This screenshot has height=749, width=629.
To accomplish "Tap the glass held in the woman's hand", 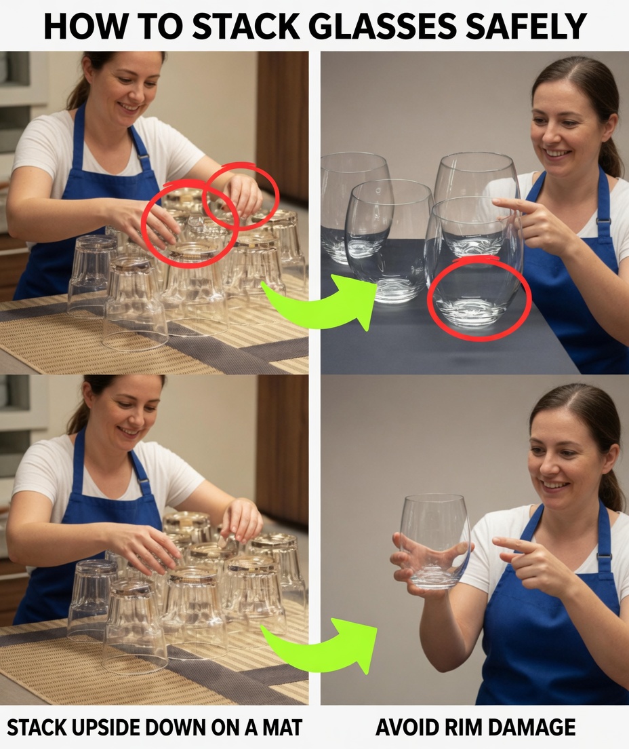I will [x=434, y=539].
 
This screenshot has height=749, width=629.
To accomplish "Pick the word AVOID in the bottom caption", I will [x=406, y=727].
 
